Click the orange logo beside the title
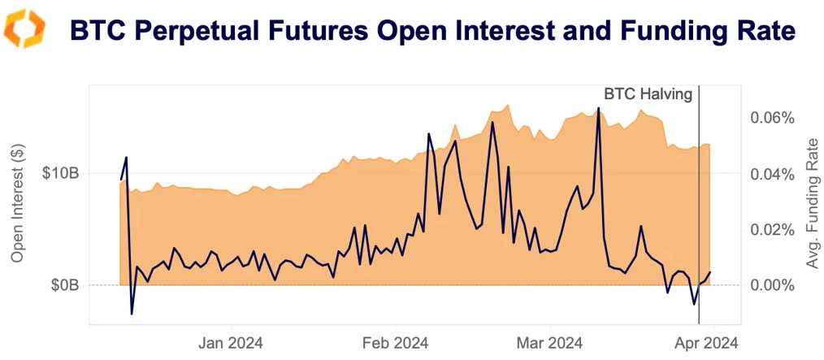pos(24,29)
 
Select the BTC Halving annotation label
pos(648,94)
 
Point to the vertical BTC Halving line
pos(699,203)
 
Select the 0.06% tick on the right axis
pos(770,118)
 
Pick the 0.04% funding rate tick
pos(770,174)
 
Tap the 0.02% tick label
pos(770,230)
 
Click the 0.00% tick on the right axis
pos(770,285)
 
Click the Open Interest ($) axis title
pos(20,202)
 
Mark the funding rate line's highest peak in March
pos(598,108)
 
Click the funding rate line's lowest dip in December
pos(132,313)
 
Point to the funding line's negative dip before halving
pos(694,304)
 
